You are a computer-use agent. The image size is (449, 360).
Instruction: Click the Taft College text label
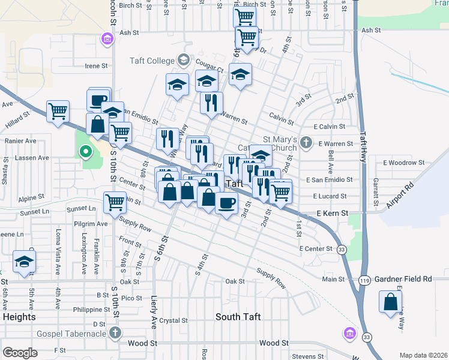click(x=152, y=61)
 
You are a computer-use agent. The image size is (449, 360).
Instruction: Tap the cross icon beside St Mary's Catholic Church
click(x=307, y=142)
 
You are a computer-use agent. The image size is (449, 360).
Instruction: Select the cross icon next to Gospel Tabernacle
click(x=115, y=332)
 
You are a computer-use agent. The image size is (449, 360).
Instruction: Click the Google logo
click(x=20, y=353)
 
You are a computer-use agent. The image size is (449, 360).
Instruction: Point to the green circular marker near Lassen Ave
click(x=85, y=152)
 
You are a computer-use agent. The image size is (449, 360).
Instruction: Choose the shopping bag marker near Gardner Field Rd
click(x=391, y=302)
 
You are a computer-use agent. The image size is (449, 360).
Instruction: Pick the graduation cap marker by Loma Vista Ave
click(x=25, y=261)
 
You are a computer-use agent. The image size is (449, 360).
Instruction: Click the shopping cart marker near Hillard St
click(x=58, y=110)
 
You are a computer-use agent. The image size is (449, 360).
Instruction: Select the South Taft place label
click(x=238, y=317)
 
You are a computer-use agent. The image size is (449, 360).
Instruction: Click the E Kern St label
click(x=332, y=213)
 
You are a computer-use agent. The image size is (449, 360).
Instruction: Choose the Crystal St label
click(x=174, y=320)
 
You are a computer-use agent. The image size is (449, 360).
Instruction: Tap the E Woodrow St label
click(x=403, y=163)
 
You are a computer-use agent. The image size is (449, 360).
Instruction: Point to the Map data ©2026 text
click(x=423, y=355)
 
